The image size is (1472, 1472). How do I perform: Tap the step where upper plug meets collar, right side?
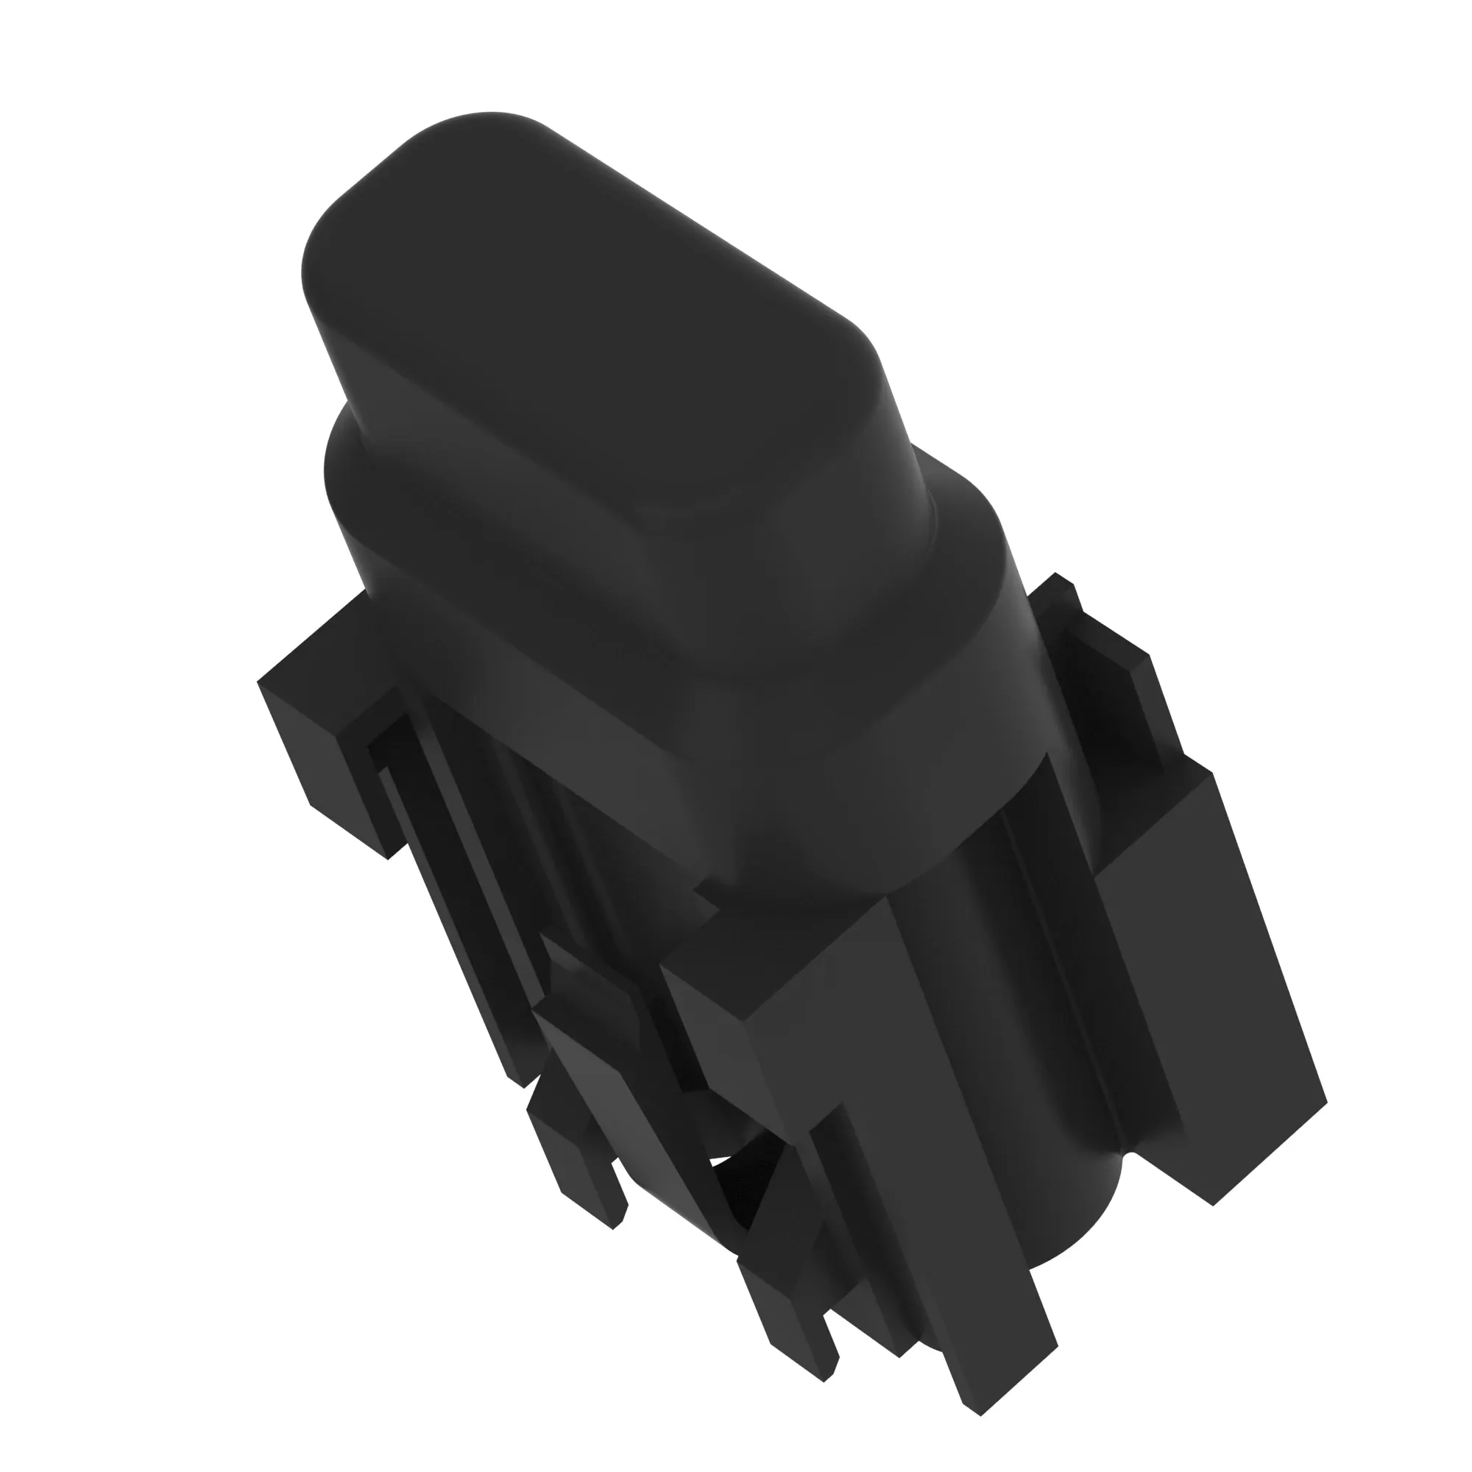click(945, 488)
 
